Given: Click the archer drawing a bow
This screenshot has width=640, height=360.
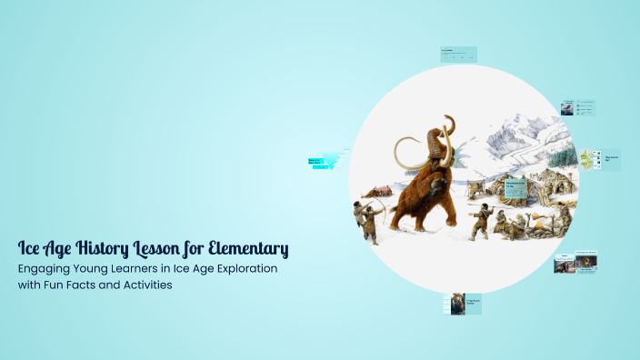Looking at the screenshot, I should [x=368, y=219].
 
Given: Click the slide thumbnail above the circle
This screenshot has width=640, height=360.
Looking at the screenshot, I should [x=459, y=53].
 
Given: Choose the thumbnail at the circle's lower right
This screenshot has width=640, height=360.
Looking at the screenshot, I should [x=576, y=263].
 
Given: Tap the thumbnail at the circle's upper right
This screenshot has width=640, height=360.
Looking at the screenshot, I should [x=576, y=107].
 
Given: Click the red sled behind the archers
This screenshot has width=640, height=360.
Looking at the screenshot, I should [x=382, y=191].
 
